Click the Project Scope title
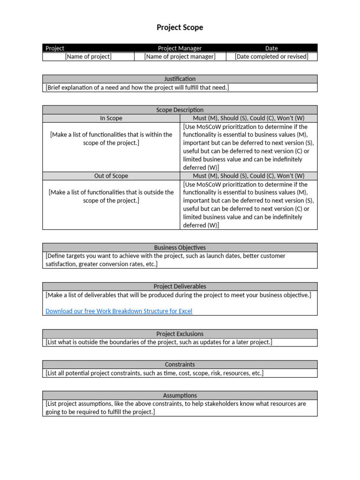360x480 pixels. tap(180, 28)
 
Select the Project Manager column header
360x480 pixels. tap(180, 48)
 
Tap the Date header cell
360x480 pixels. tap(271, 48)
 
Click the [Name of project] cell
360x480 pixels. tap(88, 57)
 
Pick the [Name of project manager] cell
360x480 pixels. tap(180, 57)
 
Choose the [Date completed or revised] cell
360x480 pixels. tap(271, 57)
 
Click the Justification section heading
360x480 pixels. tap(180, 79)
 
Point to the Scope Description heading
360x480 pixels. tap(180, 110)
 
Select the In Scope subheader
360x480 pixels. tap(111, 119)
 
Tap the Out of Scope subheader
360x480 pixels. tap(111, 176)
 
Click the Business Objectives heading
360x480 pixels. tap(180, 247)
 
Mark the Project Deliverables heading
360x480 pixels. tap(180, 286)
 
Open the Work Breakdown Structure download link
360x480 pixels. tap(119, 311)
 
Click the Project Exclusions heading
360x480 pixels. tap(180, 334)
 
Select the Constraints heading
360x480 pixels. tap(180, 364)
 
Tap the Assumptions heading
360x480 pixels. tap(180, 395)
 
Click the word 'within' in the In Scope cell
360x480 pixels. tap(152, 135)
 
